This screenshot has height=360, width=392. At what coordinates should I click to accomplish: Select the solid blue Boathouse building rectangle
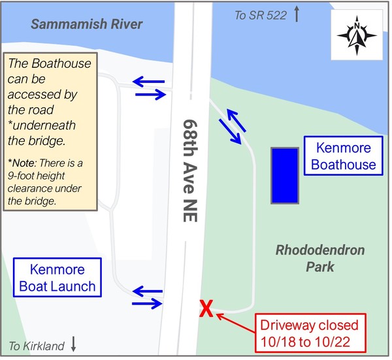click(285, 175)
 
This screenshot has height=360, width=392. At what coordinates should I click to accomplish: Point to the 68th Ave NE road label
click(190, 171)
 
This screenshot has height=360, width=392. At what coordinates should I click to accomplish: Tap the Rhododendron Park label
click(320, 258)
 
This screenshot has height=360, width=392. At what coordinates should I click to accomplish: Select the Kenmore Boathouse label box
click(344, 155)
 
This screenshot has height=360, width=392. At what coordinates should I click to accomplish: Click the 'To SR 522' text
click(261, 15)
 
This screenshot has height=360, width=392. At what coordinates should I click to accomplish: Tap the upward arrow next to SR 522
click(297, 14)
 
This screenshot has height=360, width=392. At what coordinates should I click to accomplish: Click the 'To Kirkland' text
click(37, 346)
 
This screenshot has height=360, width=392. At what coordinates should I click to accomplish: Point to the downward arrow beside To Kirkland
click(73, 345)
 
